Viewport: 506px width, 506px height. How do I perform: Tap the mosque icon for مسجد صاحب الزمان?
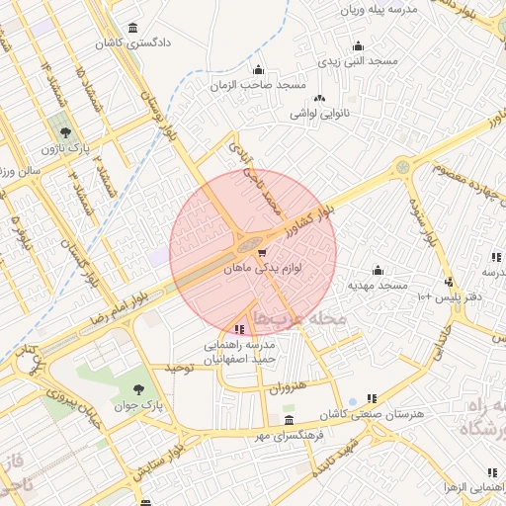tap(259, 69)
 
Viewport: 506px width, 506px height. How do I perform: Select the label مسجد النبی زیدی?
tap(357, 61)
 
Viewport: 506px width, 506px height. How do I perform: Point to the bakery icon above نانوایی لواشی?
tap(319, 98)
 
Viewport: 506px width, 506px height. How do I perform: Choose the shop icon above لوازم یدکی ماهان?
tap(261, 253)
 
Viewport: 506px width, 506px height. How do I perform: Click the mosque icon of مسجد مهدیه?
tap(377, 270)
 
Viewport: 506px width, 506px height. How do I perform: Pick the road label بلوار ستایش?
tap(210, 441)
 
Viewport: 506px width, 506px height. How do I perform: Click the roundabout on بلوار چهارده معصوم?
tap(402, 168)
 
